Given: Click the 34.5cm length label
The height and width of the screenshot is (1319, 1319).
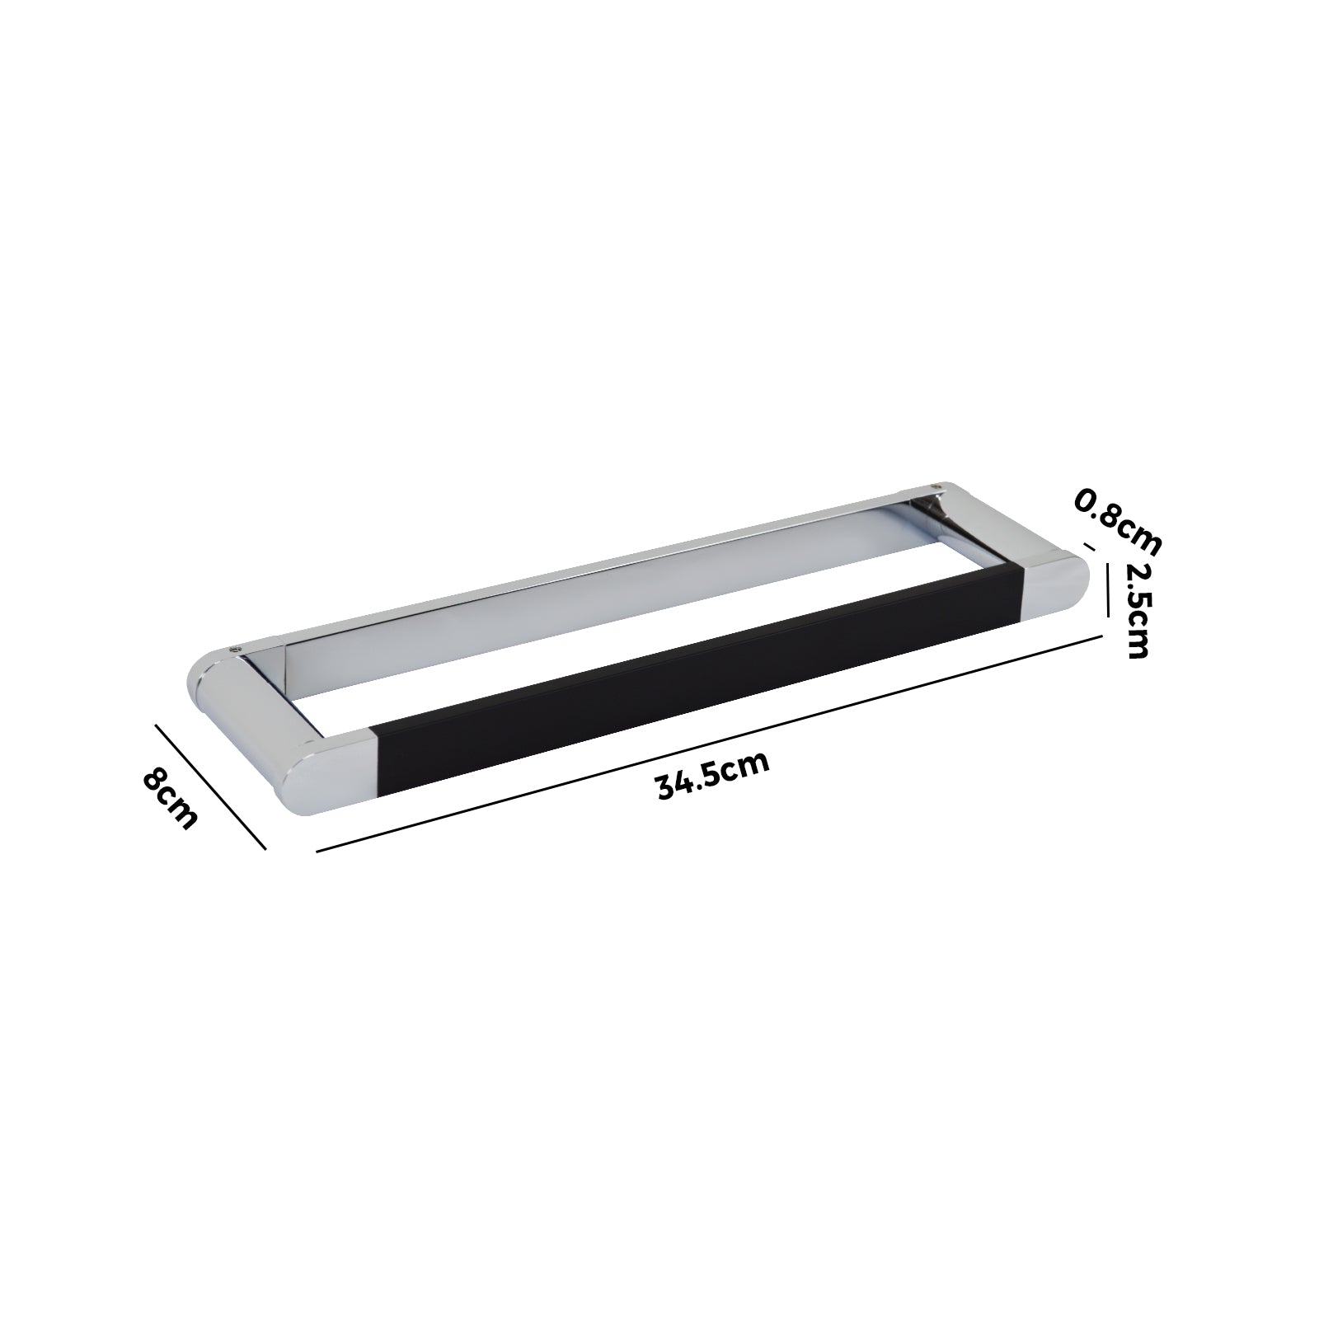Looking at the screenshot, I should (x=712, y=775).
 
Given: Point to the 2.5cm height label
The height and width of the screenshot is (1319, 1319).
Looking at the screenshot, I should (x=1138, y=611).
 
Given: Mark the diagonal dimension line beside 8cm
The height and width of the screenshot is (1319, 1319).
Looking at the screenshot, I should (x=210, y=786).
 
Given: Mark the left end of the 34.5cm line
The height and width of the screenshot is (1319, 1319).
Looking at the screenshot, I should (x=317, y=850).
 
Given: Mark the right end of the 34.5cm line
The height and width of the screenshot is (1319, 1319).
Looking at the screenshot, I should (x=1102, y=635).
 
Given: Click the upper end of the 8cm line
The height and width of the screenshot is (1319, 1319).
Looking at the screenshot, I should (x=156, y=725).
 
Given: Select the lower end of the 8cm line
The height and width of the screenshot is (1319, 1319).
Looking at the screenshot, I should (x=265, y=848).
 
